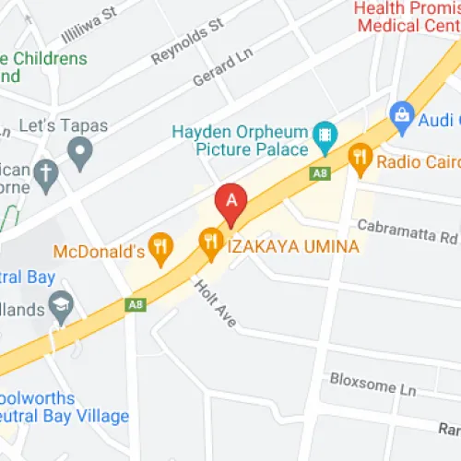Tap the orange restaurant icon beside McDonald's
162,246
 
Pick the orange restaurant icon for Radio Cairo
361,161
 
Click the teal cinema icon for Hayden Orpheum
324,139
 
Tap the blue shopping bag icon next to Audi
401,115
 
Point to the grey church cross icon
45,171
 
